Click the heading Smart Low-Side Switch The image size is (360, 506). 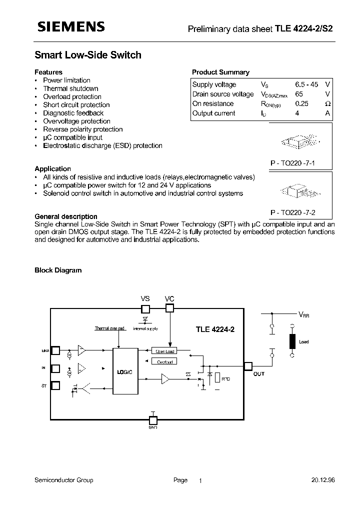pyautogui.click(x=88, y=55)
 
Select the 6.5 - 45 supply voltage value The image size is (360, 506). pyautogui.click(x=306, y=84)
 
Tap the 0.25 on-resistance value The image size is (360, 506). pyautogui.click(x=301, y=103)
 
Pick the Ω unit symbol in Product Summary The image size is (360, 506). pyautogui.click(x=327, y=103)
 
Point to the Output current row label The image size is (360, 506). pyautogui.click(x=213, y=113)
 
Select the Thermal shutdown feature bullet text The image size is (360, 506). pyautogui.click(x=70, y=88)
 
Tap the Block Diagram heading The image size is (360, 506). pyautogui.click(x=58, y=270)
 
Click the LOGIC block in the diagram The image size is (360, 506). pyautogui.click(x=124, y=372)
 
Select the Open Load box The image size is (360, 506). pyautogui.click(x=163, y=351)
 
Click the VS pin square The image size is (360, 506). pyautogui.click(x=145, y=308)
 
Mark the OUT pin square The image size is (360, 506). pyautogui.click(x=247, y=366)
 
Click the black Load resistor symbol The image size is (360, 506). pyautogui.click(x=292, y=341)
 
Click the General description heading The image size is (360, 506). pyautogui.click(x=66, y=216)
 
